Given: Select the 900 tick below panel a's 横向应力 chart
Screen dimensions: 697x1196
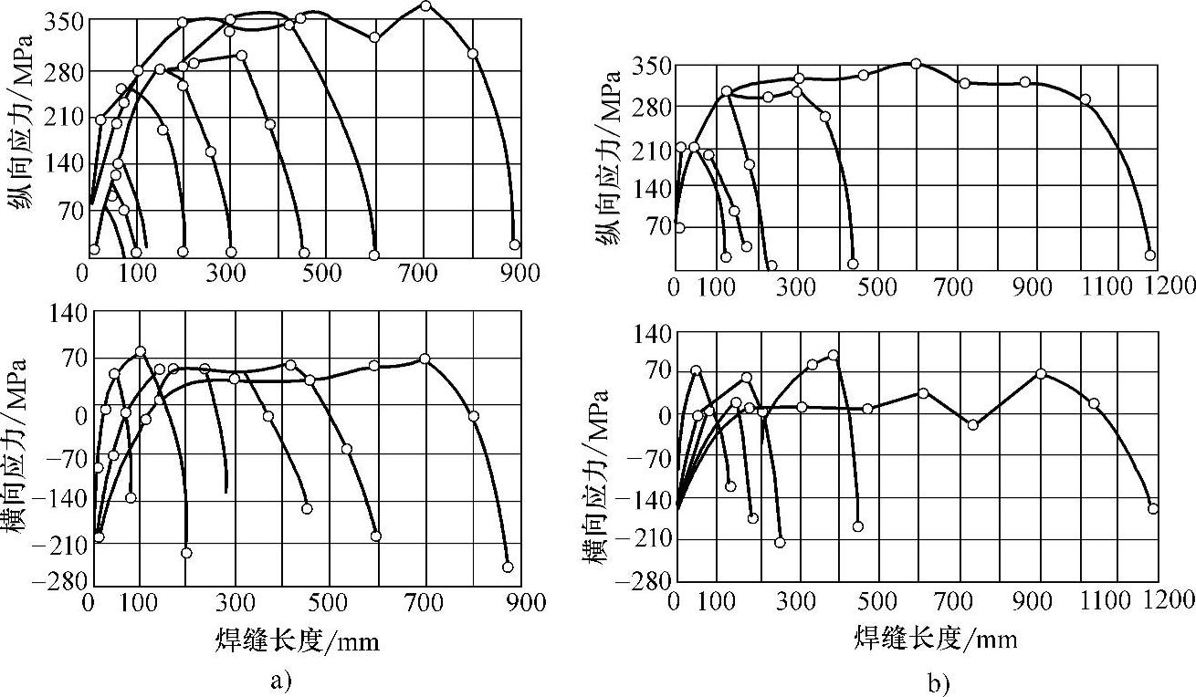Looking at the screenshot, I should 527,602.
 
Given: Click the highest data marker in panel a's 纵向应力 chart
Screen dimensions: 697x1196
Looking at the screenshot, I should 425,5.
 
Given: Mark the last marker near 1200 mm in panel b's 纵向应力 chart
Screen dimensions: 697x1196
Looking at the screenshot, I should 1150,255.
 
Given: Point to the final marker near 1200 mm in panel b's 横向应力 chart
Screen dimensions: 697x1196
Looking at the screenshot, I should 1152,508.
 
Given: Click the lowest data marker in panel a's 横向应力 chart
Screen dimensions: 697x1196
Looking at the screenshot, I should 508,567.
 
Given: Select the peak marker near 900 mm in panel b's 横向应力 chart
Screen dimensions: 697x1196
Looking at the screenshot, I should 1041,373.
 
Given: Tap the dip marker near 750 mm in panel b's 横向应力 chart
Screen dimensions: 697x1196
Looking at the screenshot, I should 973,424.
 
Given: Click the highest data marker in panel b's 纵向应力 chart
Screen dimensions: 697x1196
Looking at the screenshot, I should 916,64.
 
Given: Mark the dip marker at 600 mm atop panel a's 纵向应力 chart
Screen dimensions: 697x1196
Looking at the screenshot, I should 374,37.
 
